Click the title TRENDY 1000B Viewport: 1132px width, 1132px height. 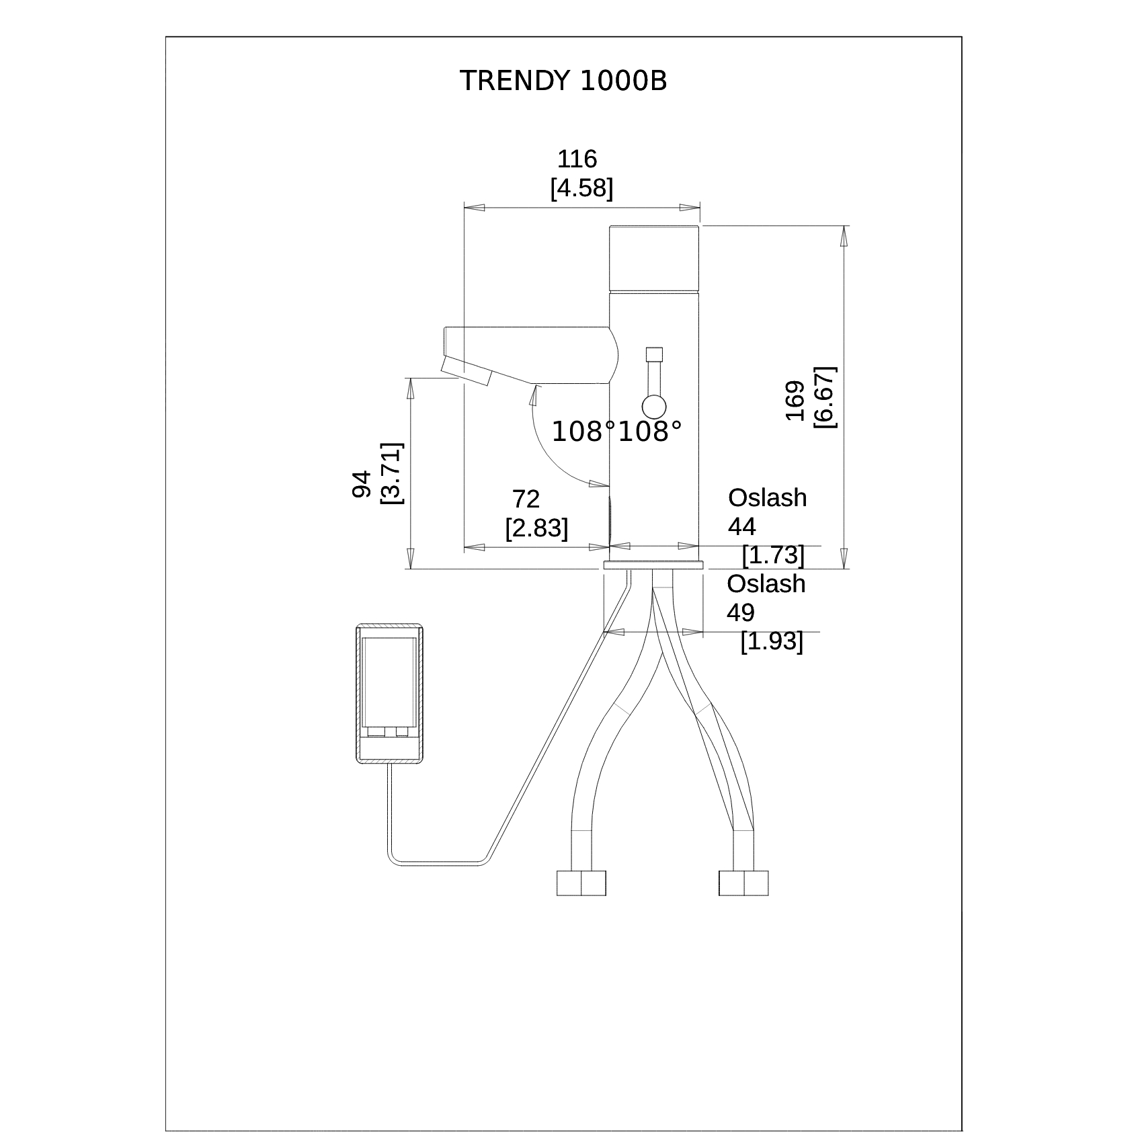(x=563, y=81)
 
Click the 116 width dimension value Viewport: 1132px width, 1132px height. (x=577, y=159)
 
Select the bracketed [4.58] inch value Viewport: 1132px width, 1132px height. (x=581, y=189)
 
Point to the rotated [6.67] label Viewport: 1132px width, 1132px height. (x=824, y=397)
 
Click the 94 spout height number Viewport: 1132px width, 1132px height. (x=362, y=484)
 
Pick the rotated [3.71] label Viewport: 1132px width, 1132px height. (x=391, y=473)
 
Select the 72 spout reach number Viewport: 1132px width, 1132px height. (x=526, y=499)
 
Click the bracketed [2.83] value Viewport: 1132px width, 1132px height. (x=536, y=528)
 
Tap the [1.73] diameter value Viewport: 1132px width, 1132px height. (x=773, y=555)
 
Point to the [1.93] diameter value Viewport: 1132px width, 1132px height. (x=772, y=641)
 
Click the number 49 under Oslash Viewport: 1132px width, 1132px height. (x=741, y=612)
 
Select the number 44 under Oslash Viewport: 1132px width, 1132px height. (x=742, y=526)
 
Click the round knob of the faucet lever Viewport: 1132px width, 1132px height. (x=654, y=407)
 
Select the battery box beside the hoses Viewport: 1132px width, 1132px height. (x=389, y=693)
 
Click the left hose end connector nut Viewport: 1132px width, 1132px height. (x=581, y=883)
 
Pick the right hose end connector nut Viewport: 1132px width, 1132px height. (x=743, y=883)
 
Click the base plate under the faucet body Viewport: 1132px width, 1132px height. (x=653, y=565)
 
